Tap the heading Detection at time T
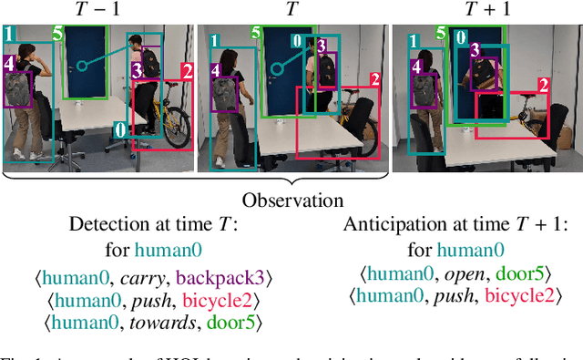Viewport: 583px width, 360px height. [145, 225]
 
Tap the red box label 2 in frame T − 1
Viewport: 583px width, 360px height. [187, 71]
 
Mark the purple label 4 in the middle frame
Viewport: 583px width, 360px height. [216, 69]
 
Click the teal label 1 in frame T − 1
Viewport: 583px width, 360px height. [10, 35]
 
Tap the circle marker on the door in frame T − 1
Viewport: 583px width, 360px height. [81, 65]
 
